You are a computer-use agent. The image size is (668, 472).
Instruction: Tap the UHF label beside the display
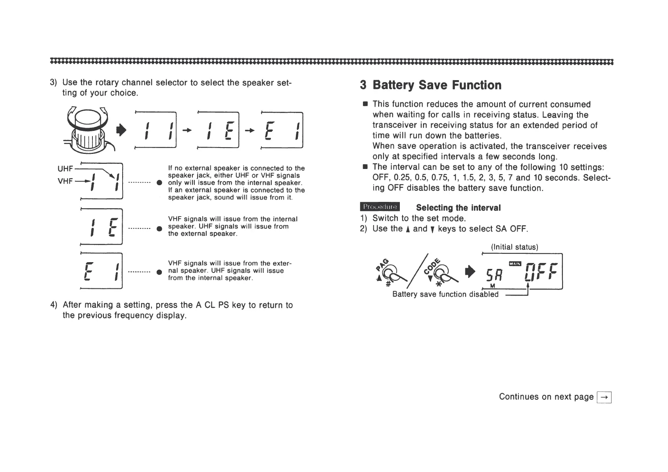click(x=65, y=169)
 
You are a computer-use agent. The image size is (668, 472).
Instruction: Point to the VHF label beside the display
click(x=65, y=181)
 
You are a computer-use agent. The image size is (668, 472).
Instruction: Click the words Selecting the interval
click(x=458, y=208)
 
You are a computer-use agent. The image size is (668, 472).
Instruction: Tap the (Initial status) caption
click(x=514, y=247)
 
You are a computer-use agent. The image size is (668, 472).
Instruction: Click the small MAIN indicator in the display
click(x=514, y=263)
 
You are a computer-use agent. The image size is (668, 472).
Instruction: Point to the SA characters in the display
click(x=491, y=273)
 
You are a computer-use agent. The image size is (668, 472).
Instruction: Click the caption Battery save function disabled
click(x=445, y=294)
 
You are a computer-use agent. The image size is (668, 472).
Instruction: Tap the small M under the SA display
click(x=492, y=287)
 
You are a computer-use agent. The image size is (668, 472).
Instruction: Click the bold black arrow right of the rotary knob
click(x=122, y=130)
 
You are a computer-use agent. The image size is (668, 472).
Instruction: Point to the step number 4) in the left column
click(x=54, y=305)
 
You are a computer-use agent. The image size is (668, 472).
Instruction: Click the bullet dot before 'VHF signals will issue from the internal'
click(x=159, y=228)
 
